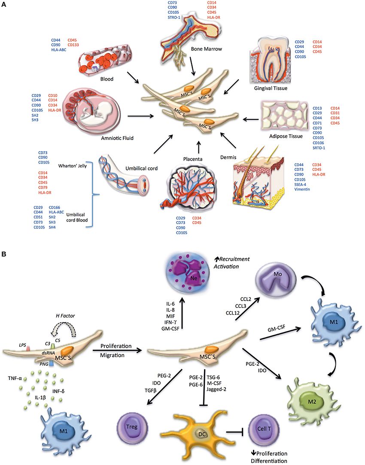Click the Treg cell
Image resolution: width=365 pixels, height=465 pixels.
[132, 431]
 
